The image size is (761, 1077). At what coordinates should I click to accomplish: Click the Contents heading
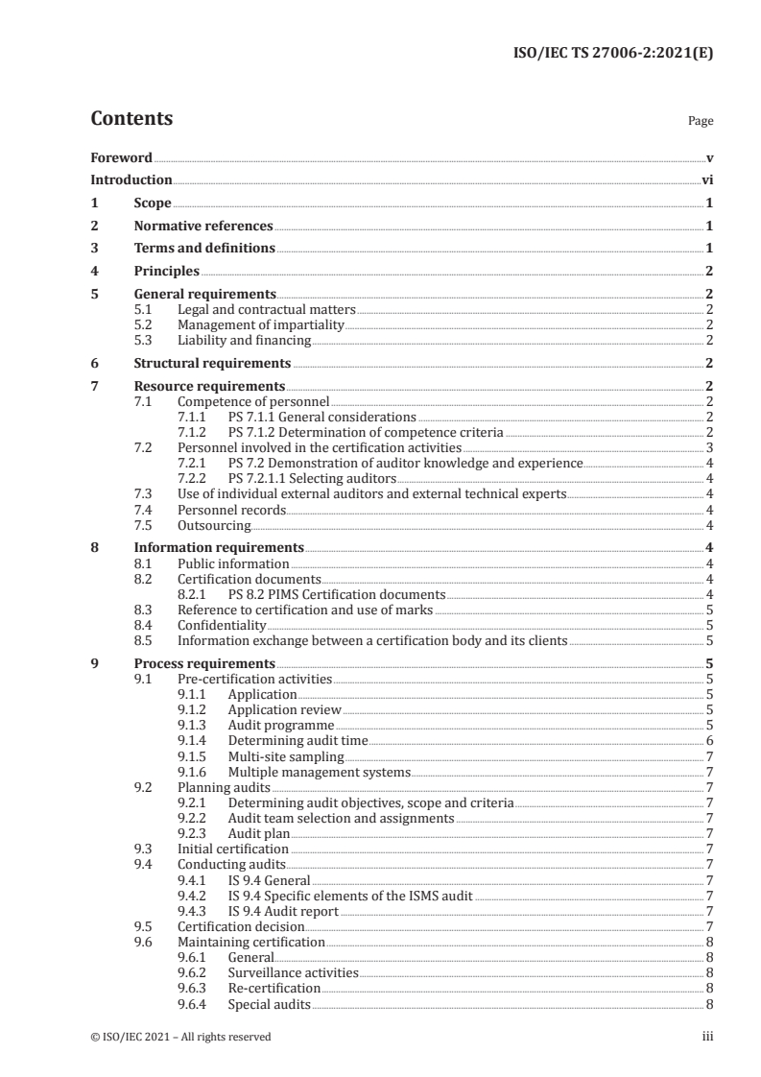tap(131, 119)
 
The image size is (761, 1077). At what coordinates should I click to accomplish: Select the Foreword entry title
tap(121, 157)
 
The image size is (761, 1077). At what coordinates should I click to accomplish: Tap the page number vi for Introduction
tap(706, 179)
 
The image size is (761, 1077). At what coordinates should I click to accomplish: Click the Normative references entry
tap(202, 227)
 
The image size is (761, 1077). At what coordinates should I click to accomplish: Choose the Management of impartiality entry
tap(260, 324)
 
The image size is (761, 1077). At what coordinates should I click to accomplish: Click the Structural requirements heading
tap(212, 363)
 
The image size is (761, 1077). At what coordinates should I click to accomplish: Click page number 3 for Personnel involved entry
tap(708, 448)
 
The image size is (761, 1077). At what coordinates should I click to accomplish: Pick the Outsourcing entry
tap(214, 525)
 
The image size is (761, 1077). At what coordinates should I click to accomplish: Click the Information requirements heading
tap(218, 548)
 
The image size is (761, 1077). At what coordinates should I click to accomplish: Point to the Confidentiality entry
tap(222, 625)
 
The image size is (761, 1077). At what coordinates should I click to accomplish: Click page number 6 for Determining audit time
tap(708, 740)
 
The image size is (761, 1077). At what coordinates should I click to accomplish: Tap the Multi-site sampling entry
tap(274, 755)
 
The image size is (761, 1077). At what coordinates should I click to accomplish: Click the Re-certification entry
tap(273, 988)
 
